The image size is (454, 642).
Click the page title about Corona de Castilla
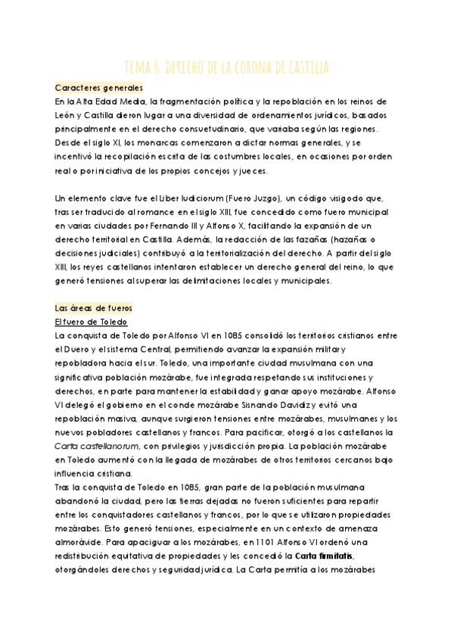226,67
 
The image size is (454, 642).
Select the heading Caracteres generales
99,88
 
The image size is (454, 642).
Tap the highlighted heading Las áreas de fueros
94,308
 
